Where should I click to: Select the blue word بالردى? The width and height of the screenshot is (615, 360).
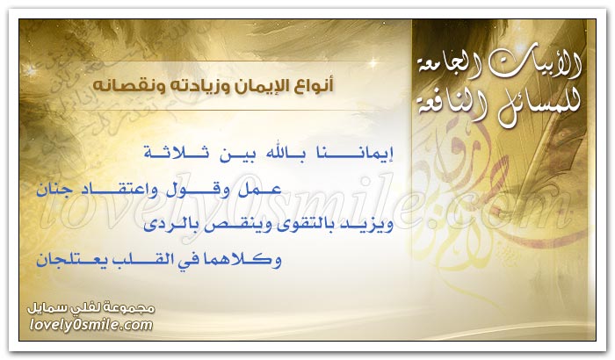point(165,225)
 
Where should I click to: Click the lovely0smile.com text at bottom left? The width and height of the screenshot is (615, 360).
point(91,325)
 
